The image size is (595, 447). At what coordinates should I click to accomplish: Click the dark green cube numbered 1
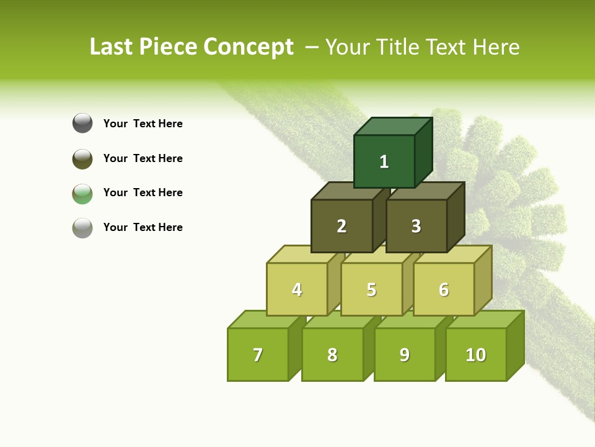coord(384,161)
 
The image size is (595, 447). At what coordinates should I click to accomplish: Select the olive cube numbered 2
coord(342,226)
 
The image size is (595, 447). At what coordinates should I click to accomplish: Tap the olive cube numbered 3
coord(416,226)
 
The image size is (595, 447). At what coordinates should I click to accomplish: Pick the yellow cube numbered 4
coord(297,289)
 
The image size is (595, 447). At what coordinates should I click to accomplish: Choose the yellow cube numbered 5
coord(371,289)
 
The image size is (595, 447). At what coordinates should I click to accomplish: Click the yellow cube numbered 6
coord(444,289)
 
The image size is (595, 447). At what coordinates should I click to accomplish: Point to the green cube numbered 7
coord(258,354)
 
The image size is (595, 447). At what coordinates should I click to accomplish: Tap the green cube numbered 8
coord(332,354)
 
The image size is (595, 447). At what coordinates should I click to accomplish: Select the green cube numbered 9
coord(405,354)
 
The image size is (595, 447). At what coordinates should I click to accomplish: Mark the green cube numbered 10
coord(476,354)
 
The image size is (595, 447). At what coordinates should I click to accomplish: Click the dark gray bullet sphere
coord(82,123)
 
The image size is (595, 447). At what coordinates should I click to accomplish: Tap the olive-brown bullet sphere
coord(82,158)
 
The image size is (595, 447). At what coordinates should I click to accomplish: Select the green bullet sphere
coord(82,193)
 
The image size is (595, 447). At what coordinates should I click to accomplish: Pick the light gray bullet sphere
coord(82,227)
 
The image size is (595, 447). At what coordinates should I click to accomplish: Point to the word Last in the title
coord(112,47)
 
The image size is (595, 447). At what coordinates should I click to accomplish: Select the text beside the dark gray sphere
coord(143,124)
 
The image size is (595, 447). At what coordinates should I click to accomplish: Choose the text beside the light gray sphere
coord(143,227)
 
